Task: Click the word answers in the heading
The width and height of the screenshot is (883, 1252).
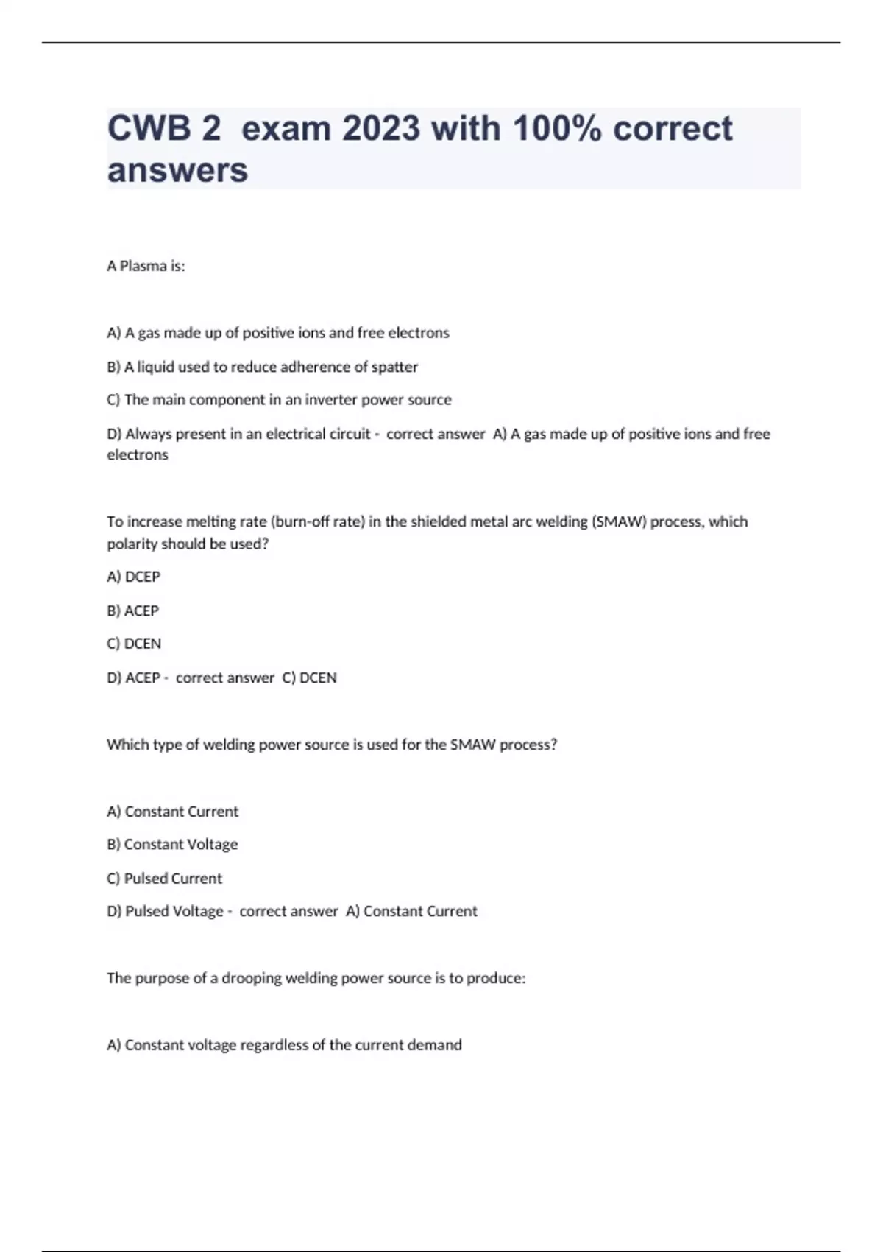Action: [177, 170]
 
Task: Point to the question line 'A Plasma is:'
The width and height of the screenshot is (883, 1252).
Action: [146, 266]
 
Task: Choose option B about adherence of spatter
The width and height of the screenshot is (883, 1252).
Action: [262, 367]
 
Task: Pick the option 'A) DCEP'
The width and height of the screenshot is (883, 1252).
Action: [133, 577]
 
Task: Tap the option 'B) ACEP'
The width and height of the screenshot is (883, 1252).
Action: [132, 611]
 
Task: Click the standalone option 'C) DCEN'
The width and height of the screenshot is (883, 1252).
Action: [133, 644]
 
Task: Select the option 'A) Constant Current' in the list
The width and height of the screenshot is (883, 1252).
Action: [172, 812]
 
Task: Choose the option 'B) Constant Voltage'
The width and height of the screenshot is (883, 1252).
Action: [172, 844]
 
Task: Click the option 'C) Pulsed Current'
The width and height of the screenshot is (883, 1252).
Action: [164, 878]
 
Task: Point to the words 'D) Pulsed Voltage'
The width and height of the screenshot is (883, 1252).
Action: [165, 911]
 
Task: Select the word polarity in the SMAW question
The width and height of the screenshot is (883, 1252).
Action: [132, 544]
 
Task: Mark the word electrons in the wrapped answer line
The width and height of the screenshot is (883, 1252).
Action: [138, 454]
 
